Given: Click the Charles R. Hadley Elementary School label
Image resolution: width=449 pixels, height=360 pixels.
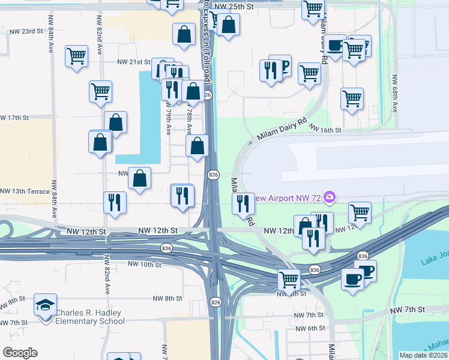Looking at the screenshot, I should coord(90,317).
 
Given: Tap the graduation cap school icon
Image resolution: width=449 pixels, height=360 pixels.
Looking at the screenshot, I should coord(46,306).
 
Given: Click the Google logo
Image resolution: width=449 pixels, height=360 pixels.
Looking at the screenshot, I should coord(20,352).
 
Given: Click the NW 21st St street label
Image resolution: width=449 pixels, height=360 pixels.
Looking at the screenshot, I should coord(133,62).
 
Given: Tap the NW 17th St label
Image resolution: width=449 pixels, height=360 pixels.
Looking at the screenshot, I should coord(14,118).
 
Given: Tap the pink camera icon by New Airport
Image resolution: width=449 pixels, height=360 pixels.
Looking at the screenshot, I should coord(329,197).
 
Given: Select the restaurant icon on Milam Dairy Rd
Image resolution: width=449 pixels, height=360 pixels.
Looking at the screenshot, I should coord(243,203).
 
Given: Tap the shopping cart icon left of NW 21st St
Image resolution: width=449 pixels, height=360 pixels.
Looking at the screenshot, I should coord(76,57).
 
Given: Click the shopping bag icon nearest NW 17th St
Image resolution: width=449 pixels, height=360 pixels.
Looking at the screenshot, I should coord(115,122).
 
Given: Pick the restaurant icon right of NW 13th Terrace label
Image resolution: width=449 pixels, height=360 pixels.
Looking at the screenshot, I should coord(114,202).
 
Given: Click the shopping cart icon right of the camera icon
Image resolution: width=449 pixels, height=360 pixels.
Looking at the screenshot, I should coord(359,211).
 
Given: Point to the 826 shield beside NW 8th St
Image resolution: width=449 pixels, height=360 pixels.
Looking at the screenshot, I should coord(215,302).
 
